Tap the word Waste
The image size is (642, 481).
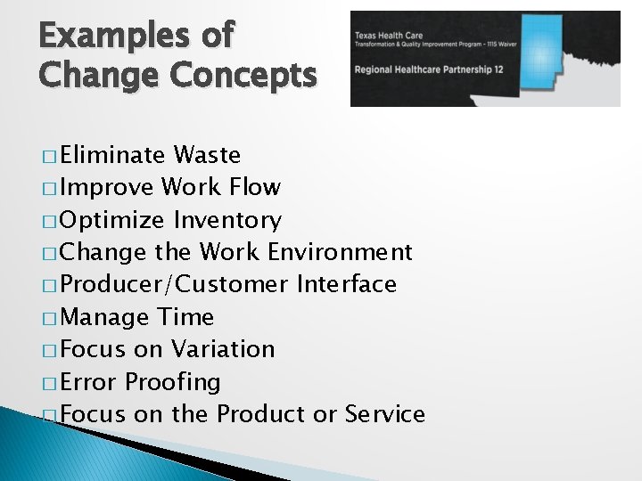[x=207, y=155]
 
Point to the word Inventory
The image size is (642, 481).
[x=227, y=220]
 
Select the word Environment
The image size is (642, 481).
[x=340, y=252]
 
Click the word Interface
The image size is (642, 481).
[x=346, y=284]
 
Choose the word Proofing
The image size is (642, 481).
[x=172, y=381]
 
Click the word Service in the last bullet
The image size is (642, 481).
[x=384, y=414]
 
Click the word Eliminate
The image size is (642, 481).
[x=114, y=155]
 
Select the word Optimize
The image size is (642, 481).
[x=113, y=220]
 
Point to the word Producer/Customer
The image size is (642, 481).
[x=175, y=284]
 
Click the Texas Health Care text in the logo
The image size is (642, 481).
[x=387, y=34]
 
